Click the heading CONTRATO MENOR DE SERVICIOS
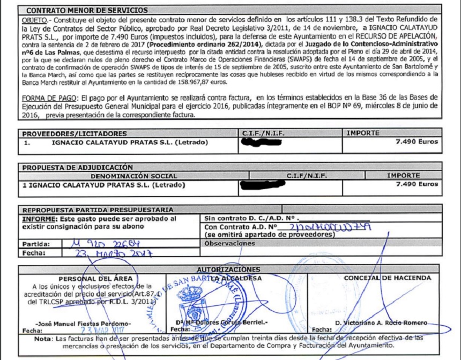[x=87, y=10]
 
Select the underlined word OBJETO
[x=34, y=19]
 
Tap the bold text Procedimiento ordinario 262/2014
[x=206, y=43]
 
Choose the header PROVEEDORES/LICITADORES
[x=75, y=133]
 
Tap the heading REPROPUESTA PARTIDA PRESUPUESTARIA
[x=98, y=209]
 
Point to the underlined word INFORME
[x=39, y=219]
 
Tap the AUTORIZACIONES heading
[x=228, y=269]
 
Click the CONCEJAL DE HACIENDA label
[x=387, y=278]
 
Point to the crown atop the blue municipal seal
[x=189, y=294]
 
